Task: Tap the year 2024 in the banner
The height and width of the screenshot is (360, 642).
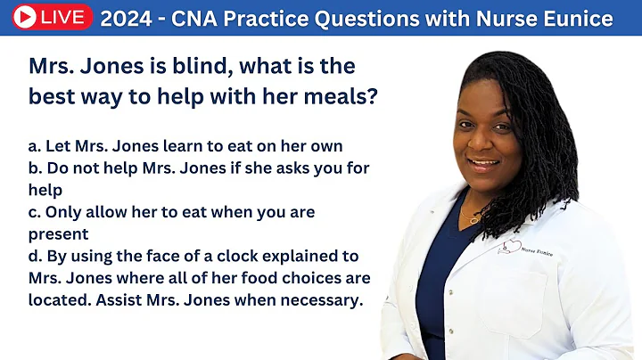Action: (128, 18)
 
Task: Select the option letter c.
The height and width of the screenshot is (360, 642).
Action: (33, 212)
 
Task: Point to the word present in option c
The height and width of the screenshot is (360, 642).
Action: (58, 234)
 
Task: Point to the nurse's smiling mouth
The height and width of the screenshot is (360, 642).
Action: (484, 163)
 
